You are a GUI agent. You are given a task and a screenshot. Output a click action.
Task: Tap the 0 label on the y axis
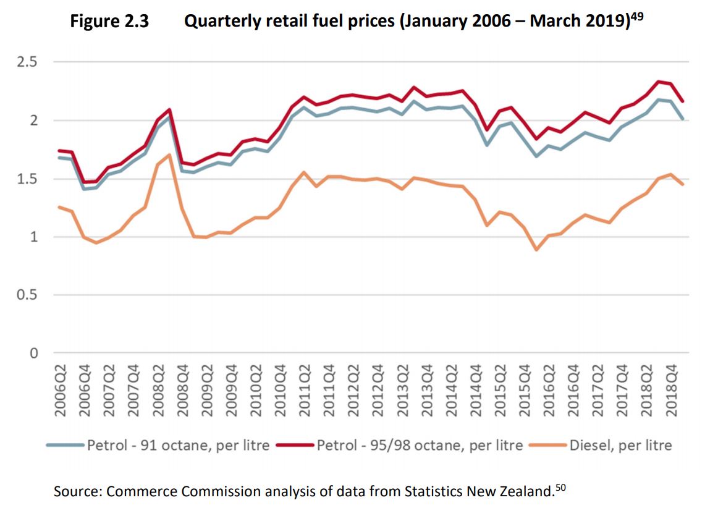[34, 353]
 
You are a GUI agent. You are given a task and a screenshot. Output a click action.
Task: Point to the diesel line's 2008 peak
[169, 155]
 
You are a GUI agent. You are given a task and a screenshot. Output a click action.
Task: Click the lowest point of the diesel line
[536, 250]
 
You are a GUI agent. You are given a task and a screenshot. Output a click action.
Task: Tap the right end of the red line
[682, 101]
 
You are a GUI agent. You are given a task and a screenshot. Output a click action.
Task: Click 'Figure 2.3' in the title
[109, 22]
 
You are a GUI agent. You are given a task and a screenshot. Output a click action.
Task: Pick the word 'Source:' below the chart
[78, 492]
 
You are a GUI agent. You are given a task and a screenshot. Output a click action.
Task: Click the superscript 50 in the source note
[560, 488]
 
